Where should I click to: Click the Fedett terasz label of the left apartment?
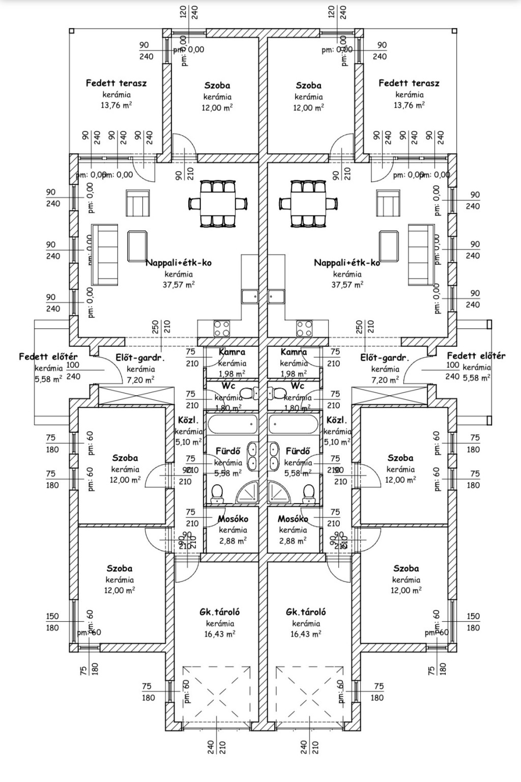click(x=116, y=83)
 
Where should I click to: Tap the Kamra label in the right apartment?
click(x=294, y=352)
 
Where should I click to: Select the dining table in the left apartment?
click(x=218, y=203)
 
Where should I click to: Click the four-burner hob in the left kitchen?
click(x=222, y=328)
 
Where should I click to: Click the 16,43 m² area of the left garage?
click(x=220, y=634)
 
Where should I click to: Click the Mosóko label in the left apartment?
click(x=233, y=519)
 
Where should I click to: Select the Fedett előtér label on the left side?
click(x=48, y=357)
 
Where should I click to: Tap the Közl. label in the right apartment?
click(x=336, y=421)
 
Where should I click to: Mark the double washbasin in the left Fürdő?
click(x=252, y=456)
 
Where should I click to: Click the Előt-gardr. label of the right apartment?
click(x=385, y=358)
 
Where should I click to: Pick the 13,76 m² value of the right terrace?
click(x=409, y=105)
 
